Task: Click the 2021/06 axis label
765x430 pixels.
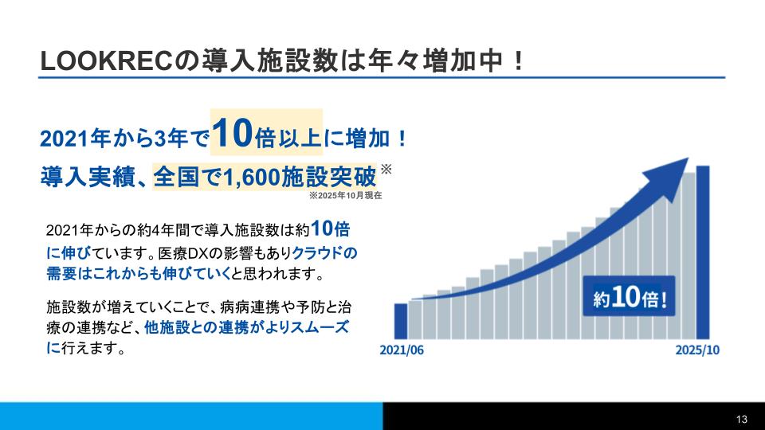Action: tap(402, 350)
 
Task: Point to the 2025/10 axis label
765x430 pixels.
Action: tap(697, 350)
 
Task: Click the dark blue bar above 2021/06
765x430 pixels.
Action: tap(401, 320)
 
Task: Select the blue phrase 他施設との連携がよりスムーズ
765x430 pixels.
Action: tap(246, 327)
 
